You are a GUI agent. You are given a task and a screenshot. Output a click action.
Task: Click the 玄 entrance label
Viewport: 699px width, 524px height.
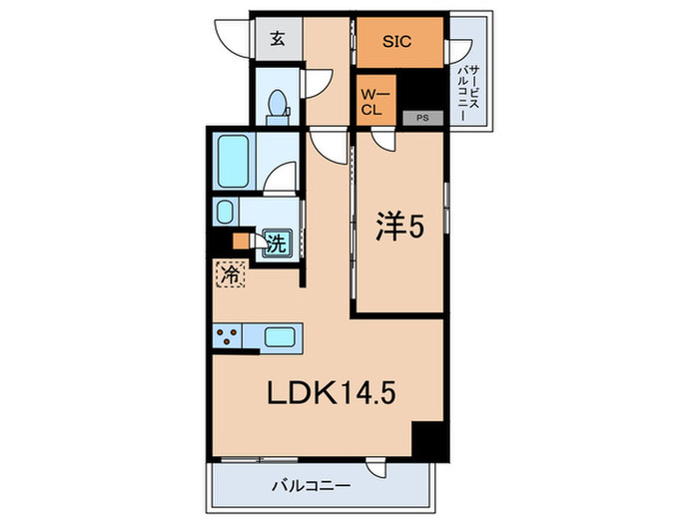pos(276,40)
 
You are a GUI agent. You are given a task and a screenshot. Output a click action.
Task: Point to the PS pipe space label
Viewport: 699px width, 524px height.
pos(421,118)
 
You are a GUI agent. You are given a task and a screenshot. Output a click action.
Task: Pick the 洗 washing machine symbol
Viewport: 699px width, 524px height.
pos(275,242)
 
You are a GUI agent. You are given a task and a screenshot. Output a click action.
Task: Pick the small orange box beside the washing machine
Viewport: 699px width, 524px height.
pos(241,241)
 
